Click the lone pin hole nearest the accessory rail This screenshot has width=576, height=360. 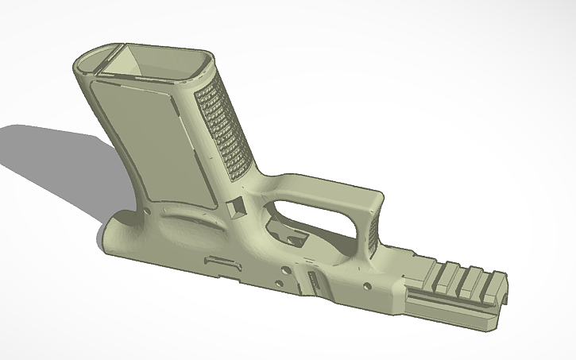pyautogui.click(x=366, y=284)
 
